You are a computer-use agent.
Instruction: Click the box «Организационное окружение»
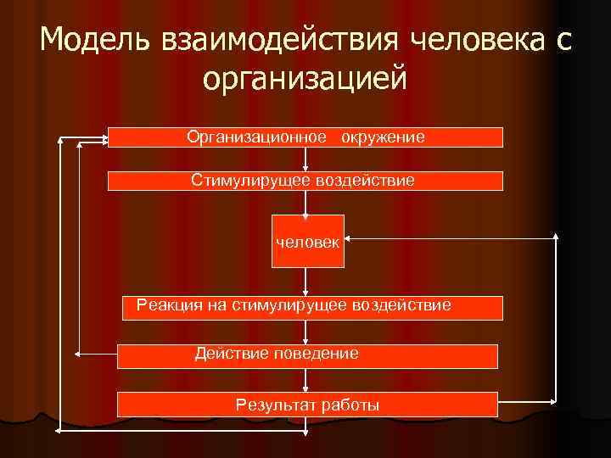pyautogui.click(x=305, y=137)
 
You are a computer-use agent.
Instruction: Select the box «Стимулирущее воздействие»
pyautogui.click(x=305, y=181)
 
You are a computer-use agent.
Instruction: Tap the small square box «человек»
pyautogui.click(x=307, y=242)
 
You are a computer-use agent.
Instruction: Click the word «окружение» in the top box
pyautogui.click(x=384, y=137)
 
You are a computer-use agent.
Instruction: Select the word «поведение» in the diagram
pyautogui.click(x=316, y=354)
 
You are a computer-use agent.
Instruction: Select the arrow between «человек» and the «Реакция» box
pyautogui.click(x=307, y=282)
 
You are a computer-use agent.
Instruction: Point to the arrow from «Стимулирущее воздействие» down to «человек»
pyautogui.click(x=307, y=204)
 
